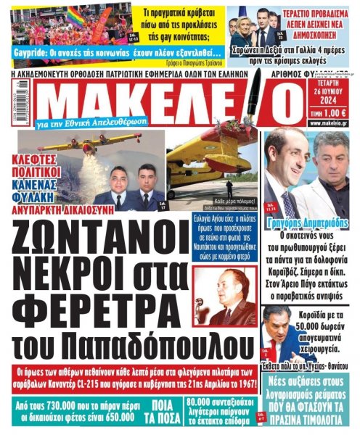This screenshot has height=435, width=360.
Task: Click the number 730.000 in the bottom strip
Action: point(54,403)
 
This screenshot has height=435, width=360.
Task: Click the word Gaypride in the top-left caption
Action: point(29,54)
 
